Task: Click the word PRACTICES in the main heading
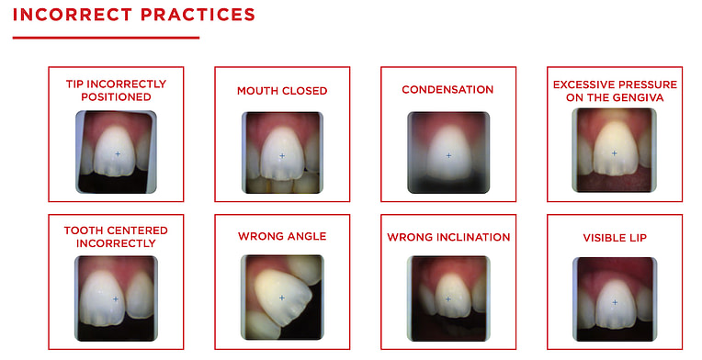195,16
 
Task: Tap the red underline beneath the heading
106,38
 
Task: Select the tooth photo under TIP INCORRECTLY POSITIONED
116,152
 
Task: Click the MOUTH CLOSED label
282,91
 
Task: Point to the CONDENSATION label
447,90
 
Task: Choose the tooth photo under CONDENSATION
448,152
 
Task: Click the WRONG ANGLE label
282,237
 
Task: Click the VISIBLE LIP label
615,238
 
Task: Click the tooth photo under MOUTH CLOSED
282,152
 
